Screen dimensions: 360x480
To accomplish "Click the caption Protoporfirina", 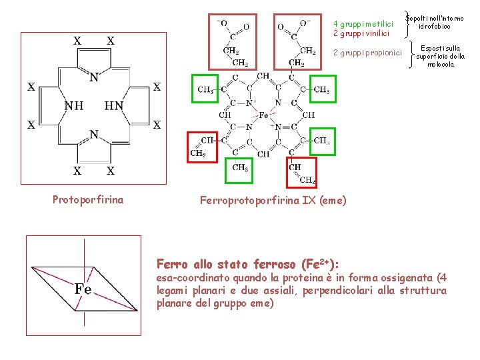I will [87, 199].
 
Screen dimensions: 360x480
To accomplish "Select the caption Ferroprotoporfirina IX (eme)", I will [273, 199].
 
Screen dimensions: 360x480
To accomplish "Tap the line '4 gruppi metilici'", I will [363, 24].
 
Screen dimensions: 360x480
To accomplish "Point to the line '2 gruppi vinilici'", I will [361, 33].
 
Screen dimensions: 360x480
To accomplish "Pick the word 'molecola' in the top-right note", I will [441, 65].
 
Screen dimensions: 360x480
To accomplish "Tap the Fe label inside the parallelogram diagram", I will [83, 289].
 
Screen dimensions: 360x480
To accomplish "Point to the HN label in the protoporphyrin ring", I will [114, 106].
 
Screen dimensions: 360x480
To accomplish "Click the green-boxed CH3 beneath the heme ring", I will [240, 168].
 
